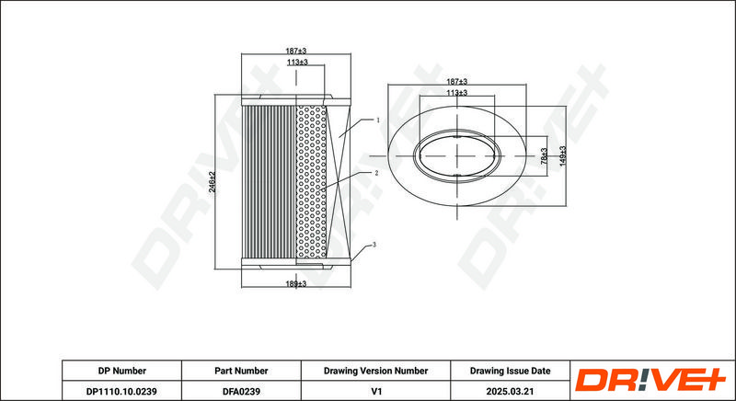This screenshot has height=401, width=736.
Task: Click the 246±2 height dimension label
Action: (x=213, y=181)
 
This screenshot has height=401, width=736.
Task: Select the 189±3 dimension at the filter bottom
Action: (x=295, y=284)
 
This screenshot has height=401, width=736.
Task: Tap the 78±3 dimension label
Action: (x=544, y=155)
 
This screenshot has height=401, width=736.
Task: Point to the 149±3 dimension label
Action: (x=563, y=155)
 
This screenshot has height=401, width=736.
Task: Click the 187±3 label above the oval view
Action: (x=456, y=82)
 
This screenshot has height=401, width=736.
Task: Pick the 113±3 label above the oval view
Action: (x=456, y=93)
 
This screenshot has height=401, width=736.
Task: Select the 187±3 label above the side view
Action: (x=295, y=51)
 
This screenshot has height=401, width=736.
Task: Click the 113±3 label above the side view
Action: (x=297, y=62)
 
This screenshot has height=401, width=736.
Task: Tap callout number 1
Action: (x=377, y=120)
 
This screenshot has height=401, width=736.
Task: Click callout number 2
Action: (x=376, y=173)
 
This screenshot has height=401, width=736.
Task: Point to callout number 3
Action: (x=374, y=245)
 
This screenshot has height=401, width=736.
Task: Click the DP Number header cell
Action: (x=122, y=371)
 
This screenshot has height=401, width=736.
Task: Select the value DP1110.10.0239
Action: (x=121, y=391)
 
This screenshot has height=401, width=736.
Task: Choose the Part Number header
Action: (x=241, y=371)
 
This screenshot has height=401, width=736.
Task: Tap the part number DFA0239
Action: (x=241, y=391)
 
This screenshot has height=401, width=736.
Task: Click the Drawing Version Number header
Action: (x=375, y=371)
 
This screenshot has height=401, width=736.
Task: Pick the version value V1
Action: (x=375, y=391)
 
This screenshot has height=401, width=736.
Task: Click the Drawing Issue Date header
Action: (x=511, y=371)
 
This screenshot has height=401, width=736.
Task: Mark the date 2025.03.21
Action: (x=511, y=391)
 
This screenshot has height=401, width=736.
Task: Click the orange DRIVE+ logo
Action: (x=650, y=380)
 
